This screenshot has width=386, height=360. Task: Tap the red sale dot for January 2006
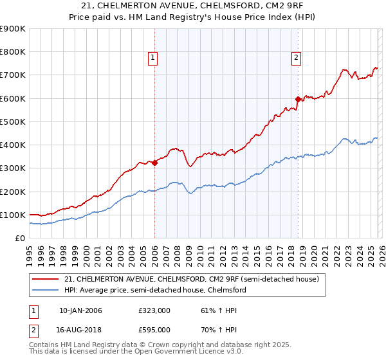point(155,163)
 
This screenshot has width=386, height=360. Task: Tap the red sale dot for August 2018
point(298,100)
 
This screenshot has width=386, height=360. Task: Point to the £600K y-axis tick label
point(12,98)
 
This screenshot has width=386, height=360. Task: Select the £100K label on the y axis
point(12,215)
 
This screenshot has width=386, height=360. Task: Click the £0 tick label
point(19,238)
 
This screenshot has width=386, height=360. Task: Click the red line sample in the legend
point(46,279)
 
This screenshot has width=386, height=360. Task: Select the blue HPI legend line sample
point(46,290)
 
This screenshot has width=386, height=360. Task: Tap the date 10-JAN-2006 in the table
point(80,310)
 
